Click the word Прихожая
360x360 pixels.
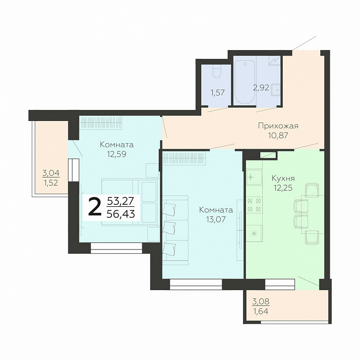[x=278, y=126]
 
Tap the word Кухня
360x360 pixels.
[x=283, y=178]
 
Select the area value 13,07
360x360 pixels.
[x=216, y=220]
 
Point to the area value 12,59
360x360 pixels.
[x=117, y=154]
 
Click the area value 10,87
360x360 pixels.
[x=278, y=135]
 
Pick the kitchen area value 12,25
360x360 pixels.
[x=283, y=188]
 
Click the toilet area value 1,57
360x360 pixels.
[x=218, y=93]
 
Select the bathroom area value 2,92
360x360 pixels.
[x=261, y=87]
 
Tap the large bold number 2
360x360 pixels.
[x=95, y=207]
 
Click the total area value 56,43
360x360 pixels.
[x=121, y=214]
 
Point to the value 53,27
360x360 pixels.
[x=121, y=201]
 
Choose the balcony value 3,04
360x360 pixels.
[x=51, y=173]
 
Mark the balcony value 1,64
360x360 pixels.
[x=261, y=311]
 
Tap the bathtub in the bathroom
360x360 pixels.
[x=245, y=82]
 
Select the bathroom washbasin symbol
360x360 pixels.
[x=276, y=90]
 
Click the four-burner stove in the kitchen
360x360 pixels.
[x=254, y=205]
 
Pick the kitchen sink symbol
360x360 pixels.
[x=254, y=177]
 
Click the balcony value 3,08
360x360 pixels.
[x=261, y=301]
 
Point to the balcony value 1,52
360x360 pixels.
[x=51, y=183]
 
